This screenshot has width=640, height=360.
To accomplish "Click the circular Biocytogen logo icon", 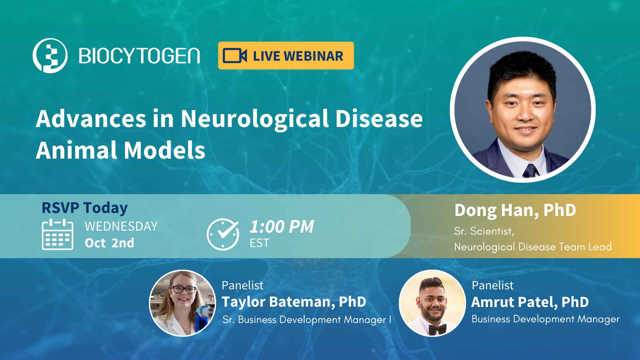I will click(50, 55).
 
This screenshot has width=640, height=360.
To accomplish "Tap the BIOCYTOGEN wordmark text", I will click(139, 56).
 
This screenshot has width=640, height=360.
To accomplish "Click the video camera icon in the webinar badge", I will click(235, 56).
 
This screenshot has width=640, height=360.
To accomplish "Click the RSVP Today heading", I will click(85, 208).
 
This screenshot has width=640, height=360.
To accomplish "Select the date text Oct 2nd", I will click(109, 243).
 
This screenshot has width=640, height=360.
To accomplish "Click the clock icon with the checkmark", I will click(223, 234).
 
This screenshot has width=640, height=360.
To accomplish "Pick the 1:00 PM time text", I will click(282, 227).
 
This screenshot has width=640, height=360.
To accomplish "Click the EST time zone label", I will click(259, 243).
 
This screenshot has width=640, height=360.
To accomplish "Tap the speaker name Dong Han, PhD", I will click(515, 210).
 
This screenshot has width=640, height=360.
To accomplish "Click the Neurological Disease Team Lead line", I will click(533, 247).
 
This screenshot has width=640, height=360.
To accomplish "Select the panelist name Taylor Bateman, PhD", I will click(294, 302).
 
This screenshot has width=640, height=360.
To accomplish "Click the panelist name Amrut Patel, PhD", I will click(530, 302).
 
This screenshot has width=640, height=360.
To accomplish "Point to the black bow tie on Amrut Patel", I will click(437, 329).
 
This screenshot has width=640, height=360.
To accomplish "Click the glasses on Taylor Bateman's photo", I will click(183, 289).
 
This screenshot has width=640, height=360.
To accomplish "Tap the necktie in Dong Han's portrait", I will click(530, 171).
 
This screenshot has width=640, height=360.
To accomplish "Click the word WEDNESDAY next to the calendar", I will click(121, 227).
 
